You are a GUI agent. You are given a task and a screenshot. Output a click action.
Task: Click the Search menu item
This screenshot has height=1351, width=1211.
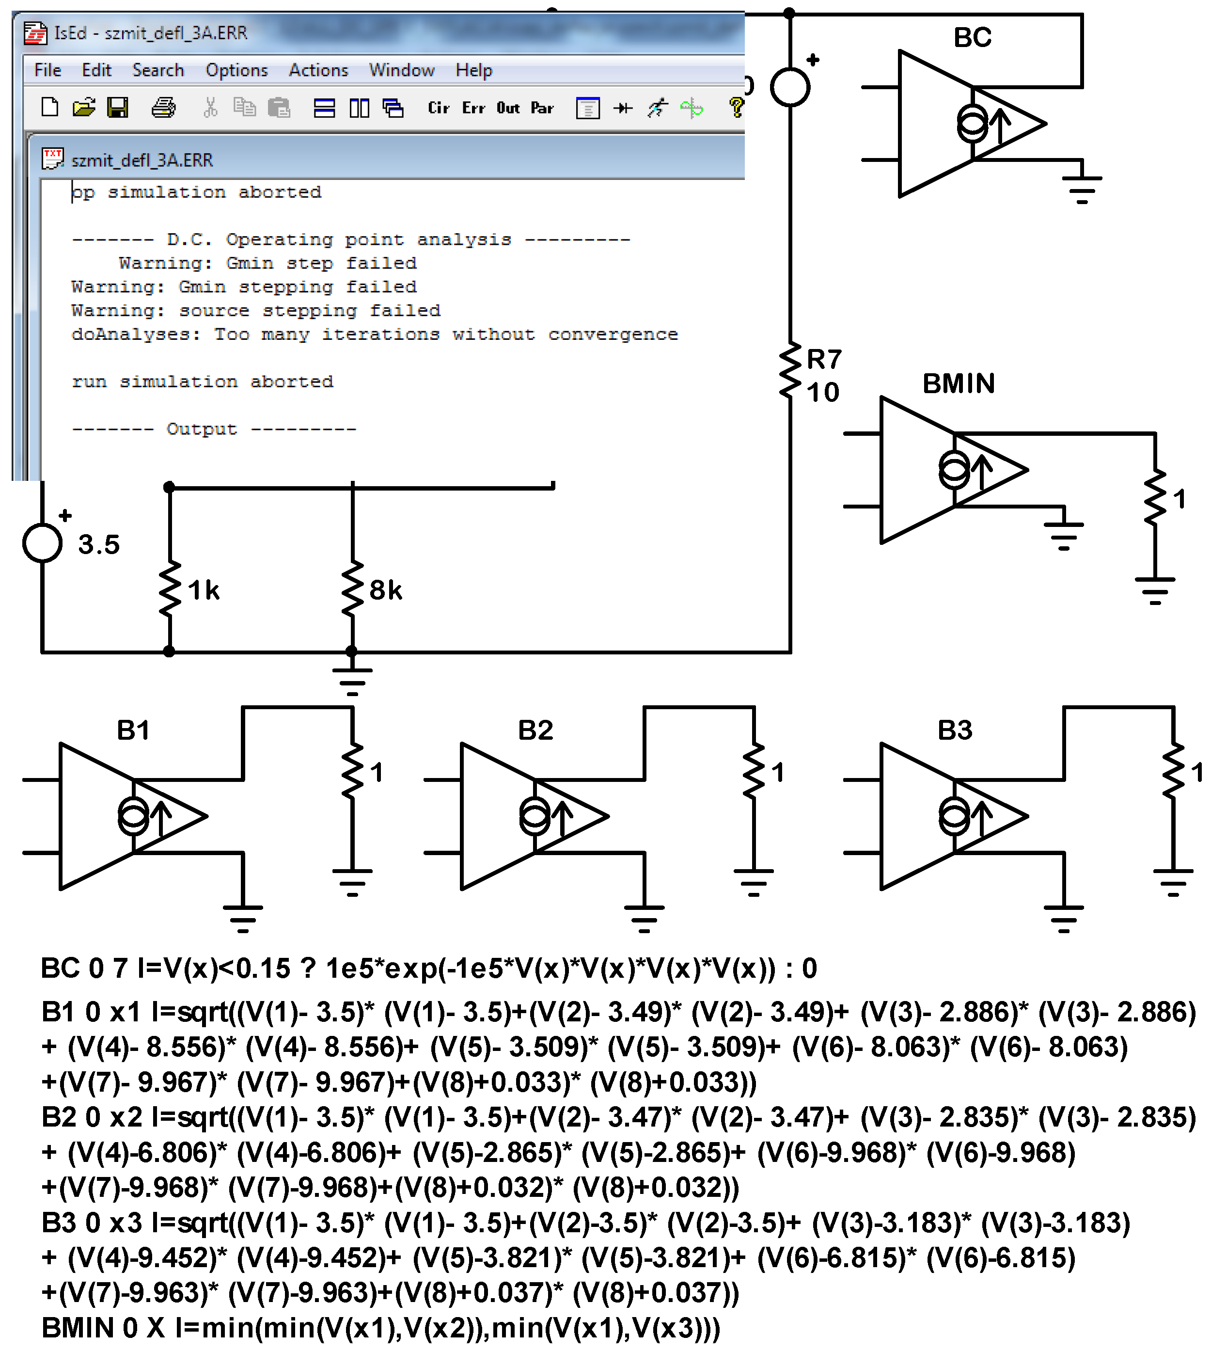[x=157, y=70]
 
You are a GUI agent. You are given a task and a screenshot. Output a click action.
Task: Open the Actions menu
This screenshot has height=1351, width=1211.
[x=318, y=70]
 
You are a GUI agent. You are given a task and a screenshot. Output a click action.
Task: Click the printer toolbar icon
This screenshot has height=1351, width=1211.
[x=163, y=107]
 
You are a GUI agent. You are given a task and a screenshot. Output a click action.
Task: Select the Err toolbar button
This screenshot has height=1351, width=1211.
[x=473, y=108]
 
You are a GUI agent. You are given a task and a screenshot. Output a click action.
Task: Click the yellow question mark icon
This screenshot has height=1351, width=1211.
[x=736, y=107]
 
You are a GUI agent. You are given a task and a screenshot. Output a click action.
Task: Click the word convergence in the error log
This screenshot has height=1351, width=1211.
[x=612, y=334]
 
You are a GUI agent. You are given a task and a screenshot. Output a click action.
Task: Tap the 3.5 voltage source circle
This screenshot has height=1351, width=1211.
[x=42, y=543]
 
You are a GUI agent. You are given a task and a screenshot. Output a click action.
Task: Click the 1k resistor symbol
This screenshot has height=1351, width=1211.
[x=170, y=589]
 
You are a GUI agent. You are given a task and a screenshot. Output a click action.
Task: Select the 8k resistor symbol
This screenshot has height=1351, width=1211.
[x=352, y=589]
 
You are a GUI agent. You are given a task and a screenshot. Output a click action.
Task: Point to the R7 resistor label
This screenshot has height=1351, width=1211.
[x=824, y=359]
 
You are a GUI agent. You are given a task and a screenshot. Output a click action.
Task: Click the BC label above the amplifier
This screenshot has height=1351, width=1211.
[x=972, y=37]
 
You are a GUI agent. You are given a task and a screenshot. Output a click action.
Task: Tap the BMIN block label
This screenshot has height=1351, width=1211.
[x=958, y=383]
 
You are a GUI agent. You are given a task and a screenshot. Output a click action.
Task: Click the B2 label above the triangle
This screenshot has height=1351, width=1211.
[x=535, y=730]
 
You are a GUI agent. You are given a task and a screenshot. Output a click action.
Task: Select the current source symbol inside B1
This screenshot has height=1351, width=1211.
[x=134, y=816]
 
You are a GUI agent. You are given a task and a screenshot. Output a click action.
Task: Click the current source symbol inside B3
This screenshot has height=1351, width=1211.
[x=954, y=816]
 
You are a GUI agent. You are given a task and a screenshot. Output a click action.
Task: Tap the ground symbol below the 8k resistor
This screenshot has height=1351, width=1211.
[x=352, y=680]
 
